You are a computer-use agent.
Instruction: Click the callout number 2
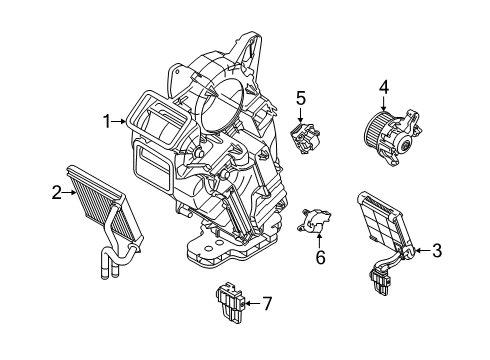coord(58,192)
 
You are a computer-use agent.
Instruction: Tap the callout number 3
coord(436,252)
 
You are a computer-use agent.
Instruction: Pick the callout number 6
coord(320,257)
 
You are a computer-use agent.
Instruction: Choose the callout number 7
coord(267,303)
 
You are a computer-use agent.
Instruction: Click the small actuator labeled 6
coord(318,223)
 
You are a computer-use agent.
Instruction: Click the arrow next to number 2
coord(70,192)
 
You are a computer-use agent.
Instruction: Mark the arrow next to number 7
coord(252,303)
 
